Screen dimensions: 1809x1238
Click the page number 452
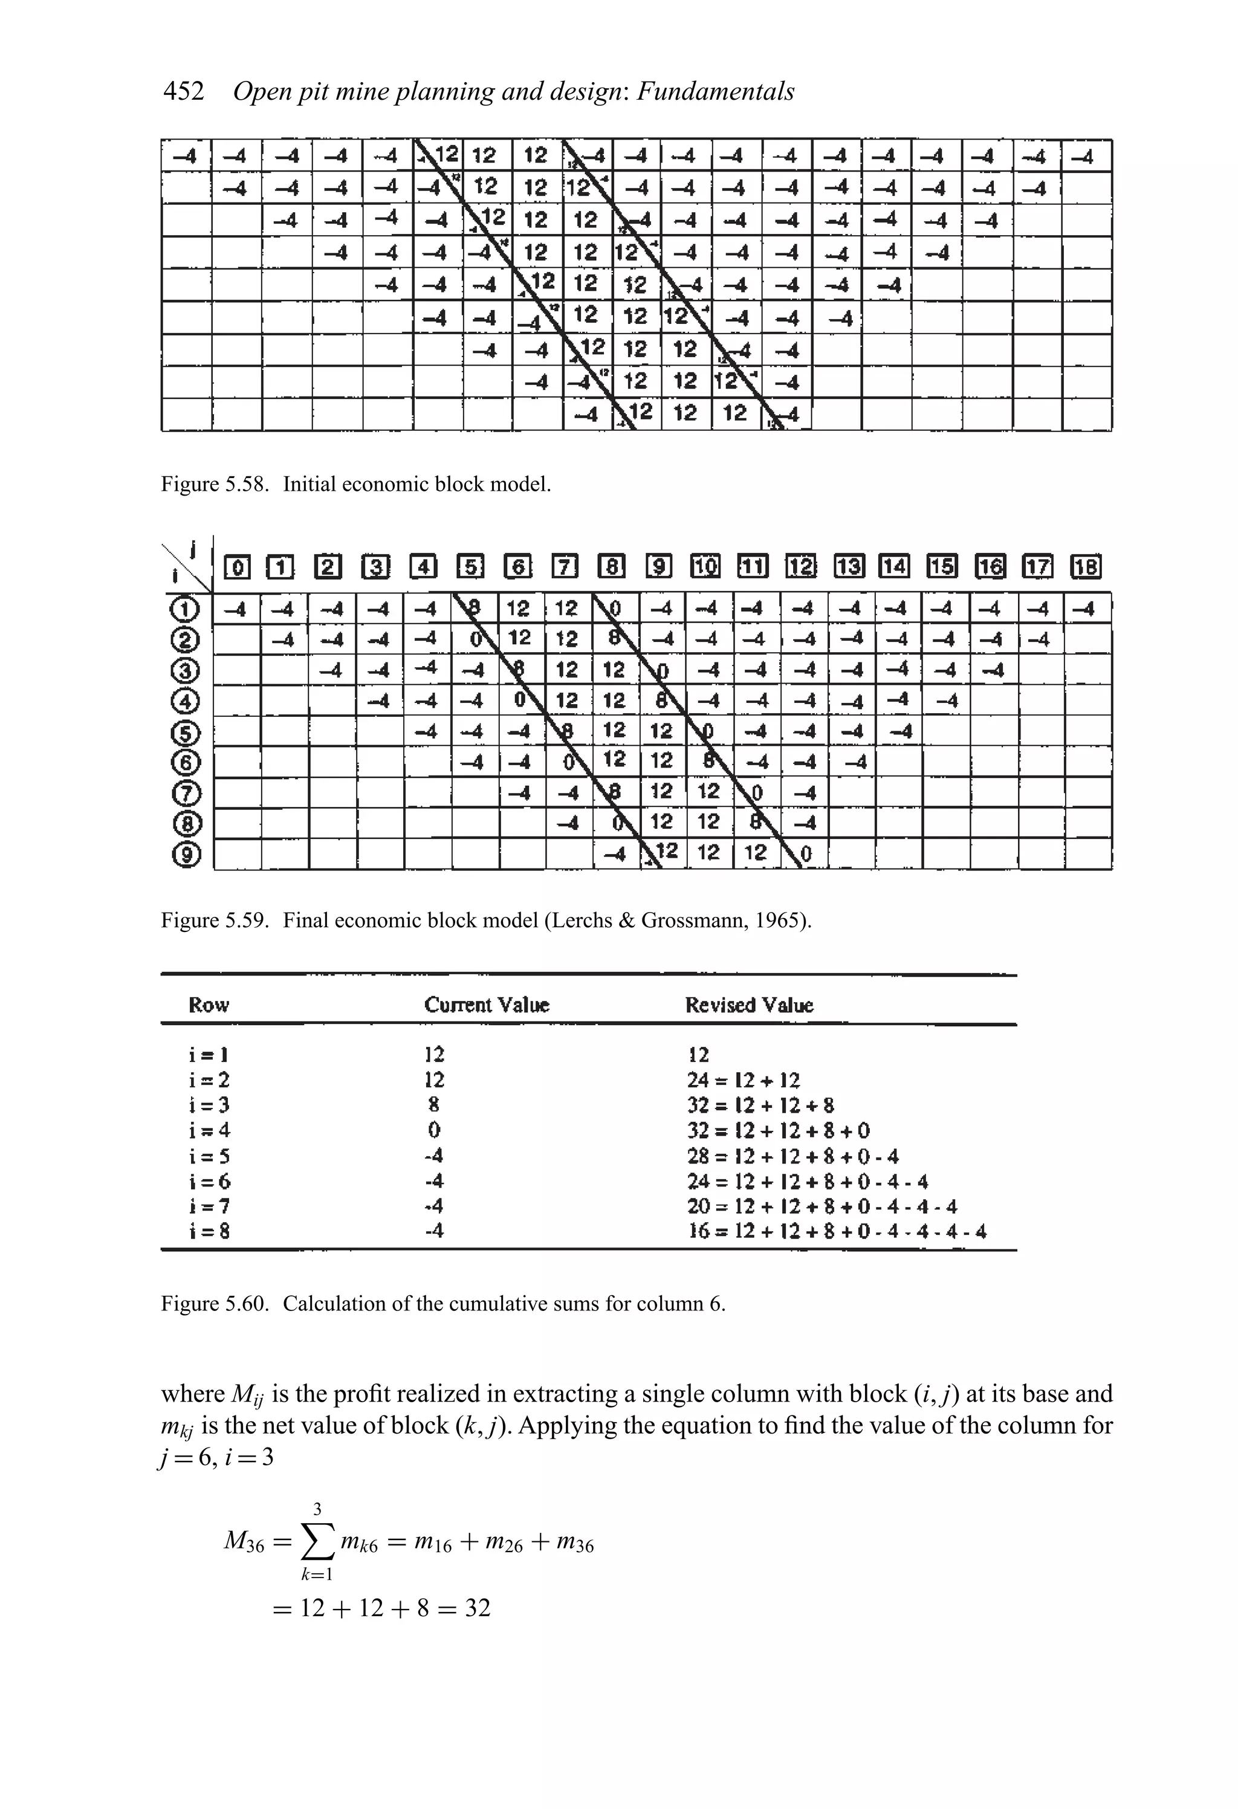click(184, 92)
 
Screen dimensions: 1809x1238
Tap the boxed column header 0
click(237, 568)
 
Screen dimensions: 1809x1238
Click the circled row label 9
click(189, 855)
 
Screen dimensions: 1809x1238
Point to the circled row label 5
click(189, 733)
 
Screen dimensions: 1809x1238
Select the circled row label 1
click(189, 609)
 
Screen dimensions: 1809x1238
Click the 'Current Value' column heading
click(487, 1005)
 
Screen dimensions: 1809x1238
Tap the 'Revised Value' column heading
click(749, 1005)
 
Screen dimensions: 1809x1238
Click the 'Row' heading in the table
click(209, 1005)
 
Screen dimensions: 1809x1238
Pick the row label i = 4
click(209, 1130)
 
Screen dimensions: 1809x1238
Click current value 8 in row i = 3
click(433, 1104)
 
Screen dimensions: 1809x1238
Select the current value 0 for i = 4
click(433, 1130)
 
